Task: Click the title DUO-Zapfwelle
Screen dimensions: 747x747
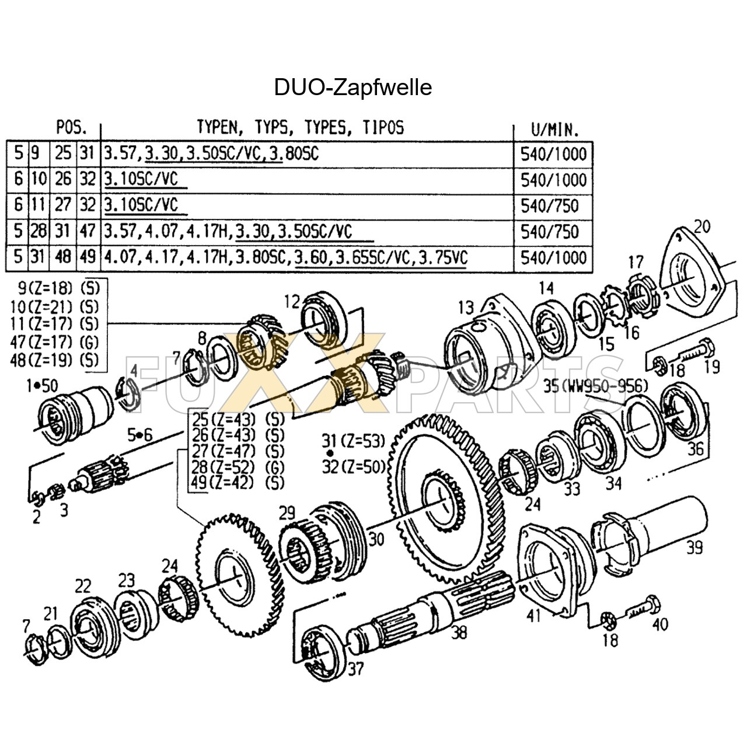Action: click(352, 88)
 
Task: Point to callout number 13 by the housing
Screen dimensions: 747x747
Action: click(466, 307)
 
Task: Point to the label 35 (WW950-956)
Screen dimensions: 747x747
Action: click(595, 386)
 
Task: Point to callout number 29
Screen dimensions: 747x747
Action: click(287, 513)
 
